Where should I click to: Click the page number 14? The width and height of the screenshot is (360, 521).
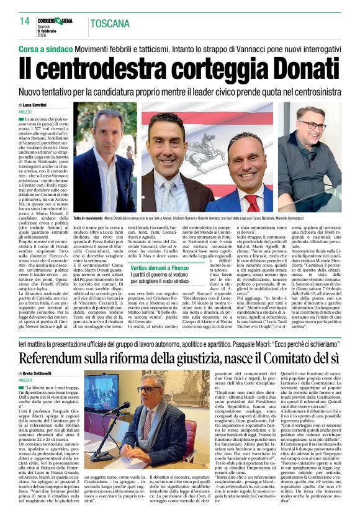click(24, 22)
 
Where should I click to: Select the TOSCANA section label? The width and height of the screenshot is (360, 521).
click(110, 24)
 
